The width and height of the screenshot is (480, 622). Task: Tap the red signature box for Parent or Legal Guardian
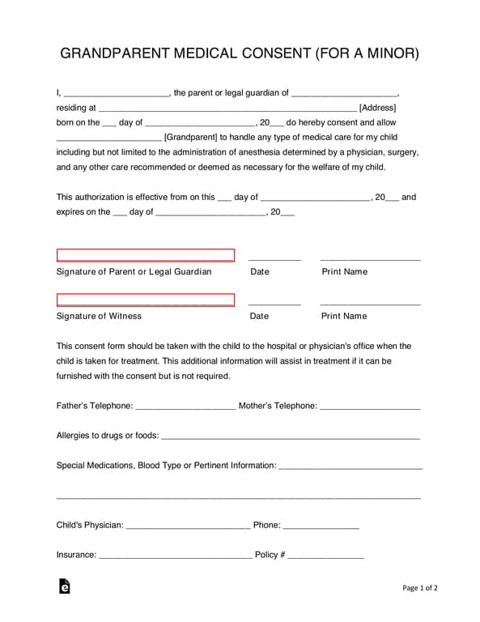tap(146, 255)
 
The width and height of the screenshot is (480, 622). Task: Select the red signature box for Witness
tap(146, 300)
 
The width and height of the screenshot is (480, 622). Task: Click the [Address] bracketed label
tap(377, 108)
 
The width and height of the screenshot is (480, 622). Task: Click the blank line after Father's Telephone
tap(185, 407)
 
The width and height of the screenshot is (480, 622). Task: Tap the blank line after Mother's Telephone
tap(370, 407)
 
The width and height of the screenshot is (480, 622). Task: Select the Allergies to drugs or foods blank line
tap(291, 437)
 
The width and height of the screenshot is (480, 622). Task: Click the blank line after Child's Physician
tap(188, 526)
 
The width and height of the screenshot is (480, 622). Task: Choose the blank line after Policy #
tap(326, 556)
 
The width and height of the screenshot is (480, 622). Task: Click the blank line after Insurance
tap(175, 556)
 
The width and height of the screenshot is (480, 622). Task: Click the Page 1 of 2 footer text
tap(419, 588)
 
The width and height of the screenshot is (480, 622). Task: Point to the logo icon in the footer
tap(64, 586)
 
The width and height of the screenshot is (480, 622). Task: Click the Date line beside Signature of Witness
tap(274, 303)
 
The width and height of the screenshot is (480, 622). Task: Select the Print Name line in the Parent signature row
tap(370, 258)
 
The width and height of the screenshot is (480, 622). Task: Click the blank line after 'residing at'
tap(227, 109)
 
